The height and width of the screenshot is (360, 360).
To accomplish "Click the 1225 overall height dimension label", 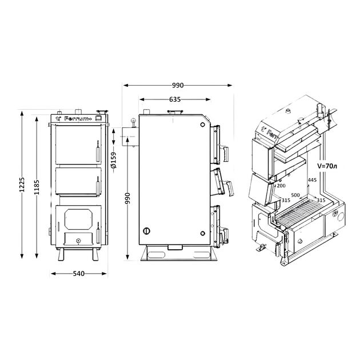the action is click(x=22, y=185).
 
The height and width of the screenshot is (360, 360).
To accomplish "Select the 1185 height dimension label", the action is click(x=37, y=187).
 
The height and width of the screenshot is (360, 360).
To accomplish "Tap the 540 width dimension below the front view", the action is click(x=79, y=274).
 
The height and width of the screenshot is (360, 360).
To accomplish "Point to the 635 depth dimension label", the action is click(x=175, y=99).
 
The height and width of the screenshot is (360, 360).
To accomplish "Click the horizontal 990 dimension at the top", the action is click(x=178, y=85).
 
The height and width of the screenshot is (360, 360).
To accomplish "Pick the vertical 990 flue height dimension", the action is click(x=127, y=198).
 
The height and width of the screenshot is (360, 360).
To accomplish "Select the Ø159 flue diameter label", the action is click(x=114, y=160).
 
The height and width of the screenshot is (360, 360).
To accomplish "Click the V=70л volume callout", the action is click(x=327, y=166).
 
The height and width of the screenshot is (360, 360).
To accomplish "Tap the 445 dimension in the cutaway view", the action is click(x=312, y=180).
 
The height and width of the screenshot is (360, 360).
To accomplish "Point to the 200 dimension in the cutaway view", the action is click(x=281, y=186).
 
